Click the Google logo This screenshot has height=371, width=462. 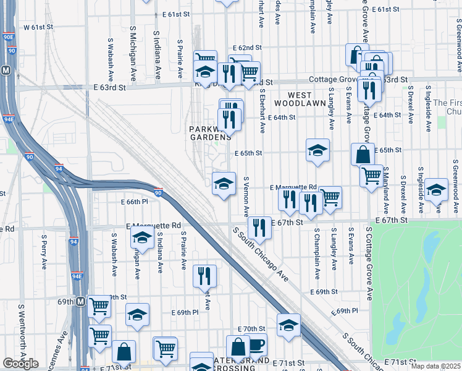(x=20, y=363)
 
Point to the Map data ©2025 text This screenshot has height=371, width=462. (x=435, y=366)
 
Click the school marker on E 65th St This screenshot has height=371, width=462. (x=317, y=150)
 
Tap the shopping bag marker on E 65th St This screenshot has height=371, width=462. (x=363, y=155)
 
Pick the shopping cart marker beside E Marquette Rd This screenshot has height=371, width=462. (x=330, y=197)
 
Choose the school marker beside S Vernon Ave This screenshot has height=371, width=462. (x=224, y=183)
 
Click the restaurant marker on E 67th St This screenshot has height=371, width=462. (x=259, y=227)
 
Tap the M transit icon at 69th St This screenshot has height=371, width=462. (x=80, y=302)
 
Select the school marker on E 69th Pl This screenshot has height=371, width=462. (x=137, y=314)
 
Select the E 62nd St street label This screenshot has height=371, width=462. (x=248, y=48)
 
